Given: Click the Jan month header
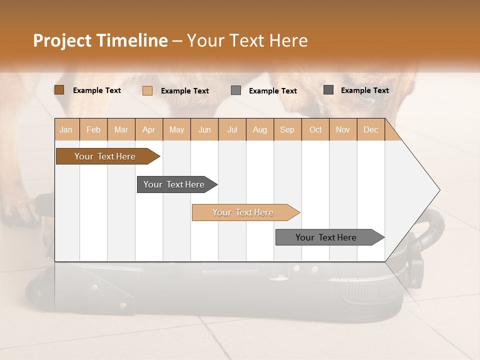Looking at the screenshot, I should pyautogui.click(x=66, y=129).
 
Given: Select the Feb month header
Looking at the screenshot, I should pyautogui.click(x=93, y=129).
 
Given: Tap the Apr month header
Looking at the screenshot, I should pyautogui.click(x=149, y=129).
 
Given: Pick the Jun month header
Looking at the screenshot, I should pyautogui.click(x=204, y=129).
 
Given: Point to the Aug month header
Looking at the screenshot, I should pyautogui.click(x=260, y=129).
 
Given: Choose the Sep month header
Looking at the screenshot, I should pyautogui.click(x=287, y=129).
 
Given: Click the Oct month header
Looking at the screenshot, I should pyautogui.click(x=315, y=129).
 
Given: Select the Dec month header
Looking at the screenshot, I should pyautogui.click(x=371, y=129).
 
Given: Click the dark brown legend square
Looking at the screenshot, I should pyautogui.click(x=59, y=90).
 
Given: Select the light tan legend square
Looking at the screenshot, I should pyautogui.click(x=147, y=90).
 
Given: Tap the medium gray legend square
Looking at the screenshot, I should pyautogui.click(x=236, y=90).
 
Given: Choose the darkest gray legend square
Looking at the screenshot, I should pyautogui.click(x=328, y=90).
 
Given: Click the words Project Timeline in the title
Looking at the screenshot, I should pyautogui.click(x=100, y=40).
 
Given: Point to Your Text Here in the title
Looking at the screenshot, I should pyautogui.click(x=247, y=40).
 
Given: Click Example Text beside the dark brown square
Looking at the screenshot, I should pyautogui.click(x=97, y=90).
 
